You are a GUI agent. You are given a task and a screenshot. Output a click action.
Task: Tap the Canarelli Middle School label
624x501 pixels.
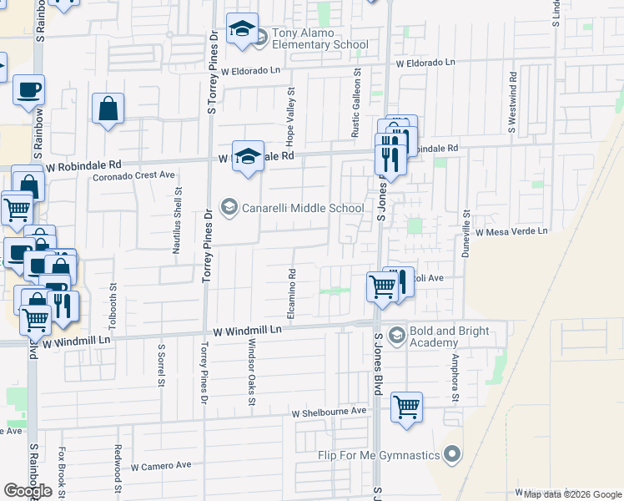click(302, 207)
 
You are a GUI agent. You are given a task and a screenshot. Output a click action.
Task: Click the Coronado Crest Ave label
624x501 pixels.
click(133, 175)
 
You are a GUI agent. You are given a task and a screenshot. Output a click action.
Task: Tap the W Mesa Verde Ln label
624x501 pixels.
click(511, 230)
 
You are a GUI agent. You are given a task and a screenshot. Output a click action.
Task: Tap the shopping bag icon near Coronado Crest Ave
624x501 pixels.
click(108, 109)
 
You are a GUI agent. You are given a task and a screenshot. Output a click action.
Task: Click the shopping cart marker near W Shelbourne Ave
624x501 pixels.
click(406, 407)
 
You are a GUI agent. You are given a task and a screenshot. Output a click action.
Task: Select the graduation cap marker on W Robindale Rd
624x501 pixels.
click(248, 156)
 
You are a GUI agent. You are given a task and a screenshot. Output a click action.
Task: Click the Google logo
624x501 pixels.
click(28, 491)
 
